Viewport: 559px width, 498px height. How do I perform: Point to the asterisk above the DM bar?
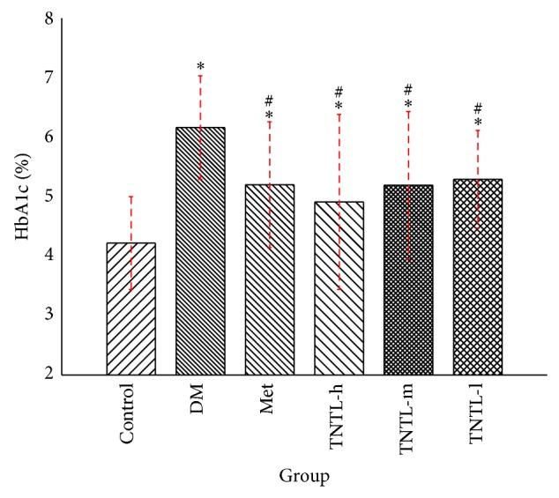(x=201, y=67)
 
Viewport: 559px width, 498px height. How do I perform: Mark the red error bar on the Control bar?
(x=131, y=242)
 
